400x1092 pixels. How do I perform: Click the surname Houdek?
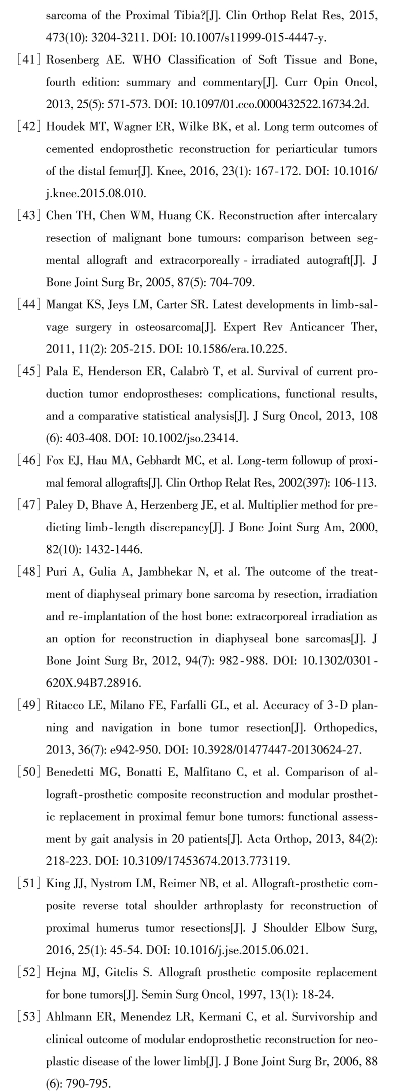64,127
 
